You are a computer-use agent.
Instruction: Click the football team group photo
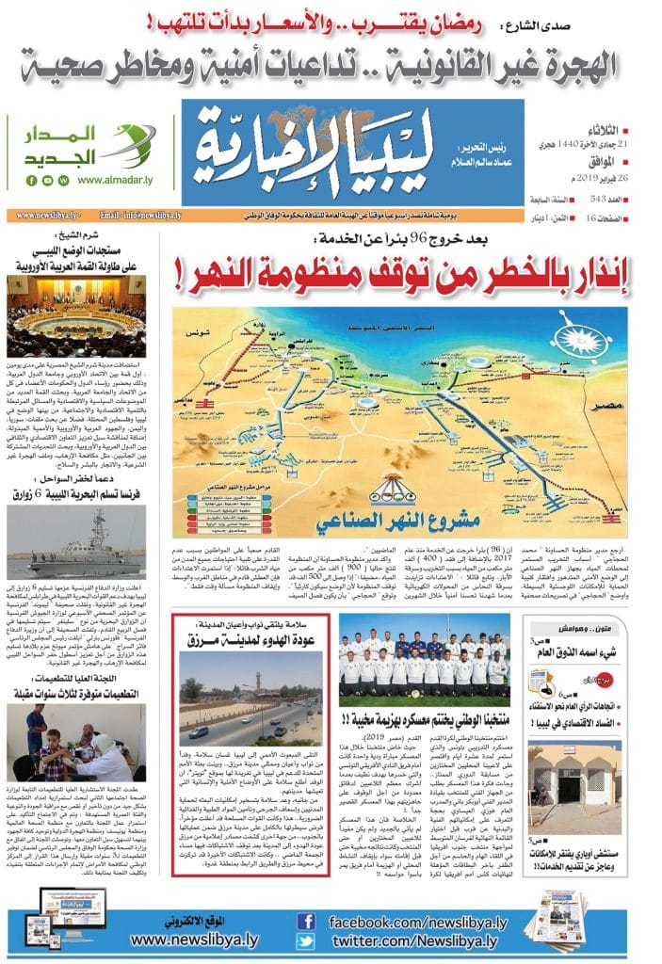(x=424, y=651)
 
